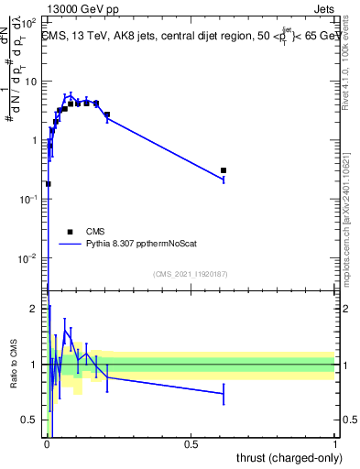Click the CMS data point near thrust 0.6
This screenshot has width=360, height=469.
(x=224, y=170)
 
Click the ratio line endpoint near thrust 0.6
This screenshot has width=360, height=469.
(x=224, y=394)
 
